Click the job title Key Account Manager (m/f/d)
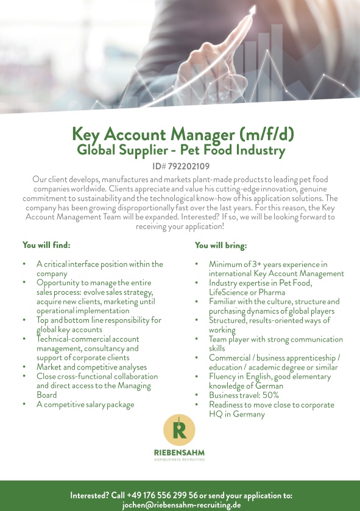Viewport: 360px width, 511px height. [x=179, y=133]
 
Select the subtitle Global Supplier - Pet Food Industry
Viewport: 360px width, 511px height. [x=180, y=149]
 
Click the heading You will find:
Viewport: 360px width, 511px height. [x=47, y=245]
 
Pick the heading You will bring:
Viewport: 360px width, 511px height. [x=221, y=245]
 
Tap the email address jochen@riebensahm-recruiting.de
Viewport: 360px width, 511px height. [x=182, y=505]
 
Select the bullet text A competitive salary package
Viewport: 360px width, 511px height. [x=85, y=404]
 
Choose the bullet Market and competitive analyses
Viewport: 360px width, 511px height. [x=91, y=367]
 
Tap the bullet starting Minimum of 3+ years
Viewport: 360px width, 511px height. [x=268, y=264]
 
